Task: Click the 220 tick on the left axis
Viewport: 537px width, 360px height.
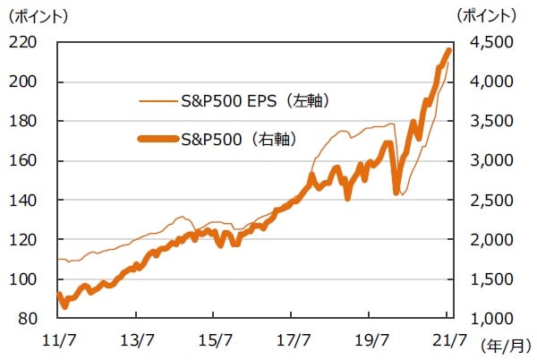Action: (31, 42)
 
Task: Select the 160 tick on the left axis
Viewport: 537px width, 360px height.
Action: (31, 161)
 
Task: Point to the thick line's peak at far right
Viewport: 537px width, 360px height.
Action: (449, 50)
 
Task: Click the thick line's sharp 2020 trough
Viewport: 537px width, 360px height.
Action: (396, 191)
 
